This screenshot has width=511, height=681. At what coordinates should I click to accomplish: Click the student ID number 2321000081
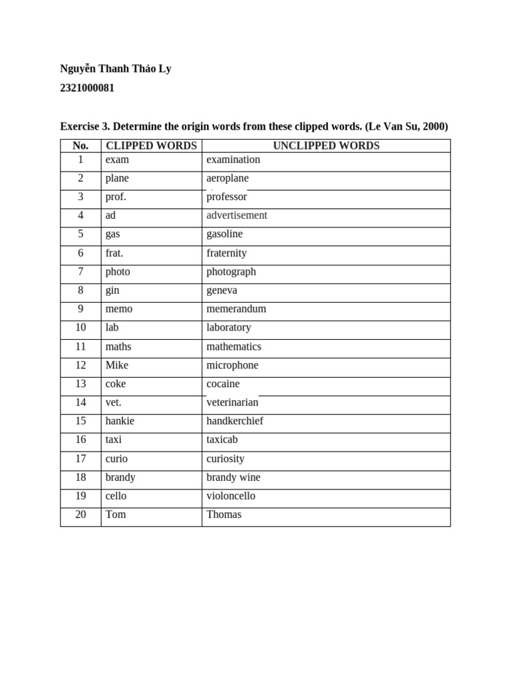(x=87, y=88)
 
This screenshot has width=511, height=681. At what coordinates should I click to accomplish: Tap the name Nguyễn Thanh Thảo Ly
(x=115, y=68)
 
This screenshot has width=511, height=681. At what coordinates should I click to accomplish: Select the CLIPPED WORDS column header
(x=151, y=146)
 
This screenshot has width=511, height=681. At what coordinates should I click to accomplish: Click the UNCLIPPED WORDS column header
(x=326, y=146)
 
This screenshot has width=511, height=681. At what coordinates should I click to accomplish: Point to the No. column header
(x=81, y=146)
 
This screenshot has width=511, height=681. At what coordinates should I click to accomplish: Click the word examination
(x=233, y=160)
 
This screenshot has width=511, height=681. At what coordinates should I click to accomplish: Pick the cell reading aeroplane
(x=228, y=178)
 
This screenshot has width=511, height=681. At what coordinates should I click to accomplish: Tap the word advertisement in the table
(x=237, y=215)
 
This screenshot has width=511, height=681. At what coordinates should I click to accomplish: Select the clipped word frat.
(x=114, y=253)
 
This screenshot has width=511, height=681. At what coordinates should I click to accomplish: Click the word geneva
(x=222, y=291)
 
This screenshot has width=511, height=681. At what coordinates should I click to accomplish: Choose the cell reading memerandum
(x=236, y=309)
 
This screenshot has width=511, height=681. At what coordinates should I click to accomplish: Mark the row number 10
(x=81, y=327)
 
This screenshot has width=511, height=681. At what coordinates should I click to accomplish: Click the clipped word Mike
(x=116, y=365)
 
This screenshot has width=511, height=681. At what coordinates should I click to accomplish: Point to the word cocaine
(x=223, y=384)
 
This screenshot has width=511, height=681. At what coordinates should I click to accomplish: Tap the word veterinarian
(x=232, y=402)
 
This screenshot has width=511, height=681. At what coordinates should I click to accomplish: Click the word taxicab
(x=222, y=440)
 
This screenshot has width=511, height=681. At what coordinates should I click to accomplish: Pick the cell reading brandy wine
(x=234, y=477)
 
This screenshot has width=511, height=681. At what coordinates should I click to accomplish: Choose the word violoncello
(x=231, y=496)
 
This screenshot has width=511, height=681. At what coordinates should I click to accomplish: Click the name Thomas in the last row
(x=224, y=515)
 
